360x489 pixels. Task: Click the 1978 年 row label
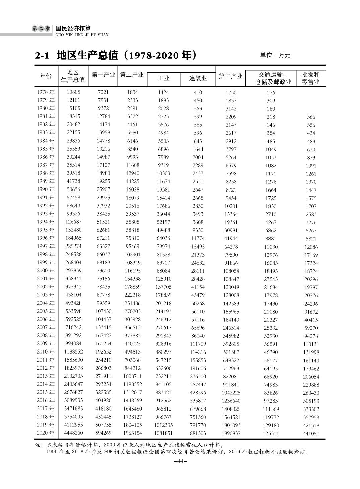[x=45, y=92]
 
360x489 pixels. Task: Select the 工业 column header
[x=164, y=78]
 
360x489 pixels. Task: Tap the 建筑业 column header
[x=198, y=78]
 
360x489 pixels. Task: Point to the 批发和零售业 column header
[x=311, y=78]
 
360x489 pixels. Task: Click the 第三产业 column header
[x=231, y=76]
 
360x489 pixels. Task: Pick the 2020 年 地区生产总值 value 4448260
[x=74, y=433]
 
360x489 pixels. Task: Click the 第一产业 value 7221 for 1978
[x=104, y=92]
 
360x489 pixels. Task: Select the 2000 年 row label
[x=45, y=271]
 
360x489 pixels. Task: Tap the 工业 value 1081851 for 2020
[x=163, y=433]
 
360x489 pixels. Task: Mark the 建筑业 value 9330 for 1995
[x=198, y=230]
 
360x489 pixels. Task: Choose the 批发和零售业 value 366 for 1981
[x=311, y=117]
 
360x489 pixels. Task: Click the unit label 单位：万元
[x=275, y=55]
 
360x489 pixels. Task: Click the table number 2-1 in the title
[x=42, y=56]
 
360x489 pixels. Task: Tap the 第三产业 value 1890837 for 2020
[x=231, y=433]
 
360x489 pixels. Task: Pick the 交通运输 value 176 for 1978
[x=271, y=93]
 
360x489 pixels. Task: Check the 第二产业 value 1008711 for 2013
[x=132, y=376]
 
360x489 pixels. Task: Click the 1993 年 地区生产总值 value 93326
[x=74, y=214]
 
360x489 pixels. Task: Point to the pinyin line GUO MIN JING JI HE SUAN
[x=81, y=35]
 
